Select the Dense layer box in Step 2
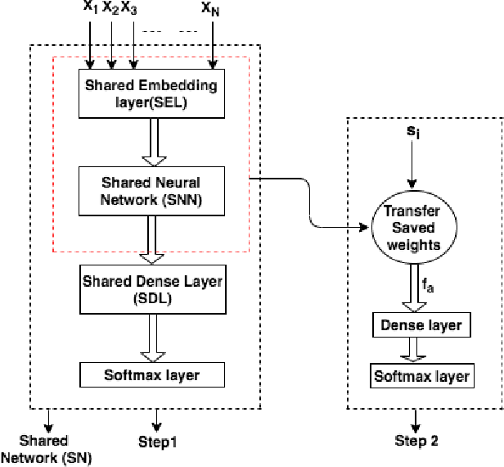tap(421, 325)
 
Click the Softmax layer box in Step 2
tap(421, 376)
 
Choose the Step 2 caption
tap(416, 442)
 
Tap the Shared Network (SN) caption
tap(45, 449)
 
